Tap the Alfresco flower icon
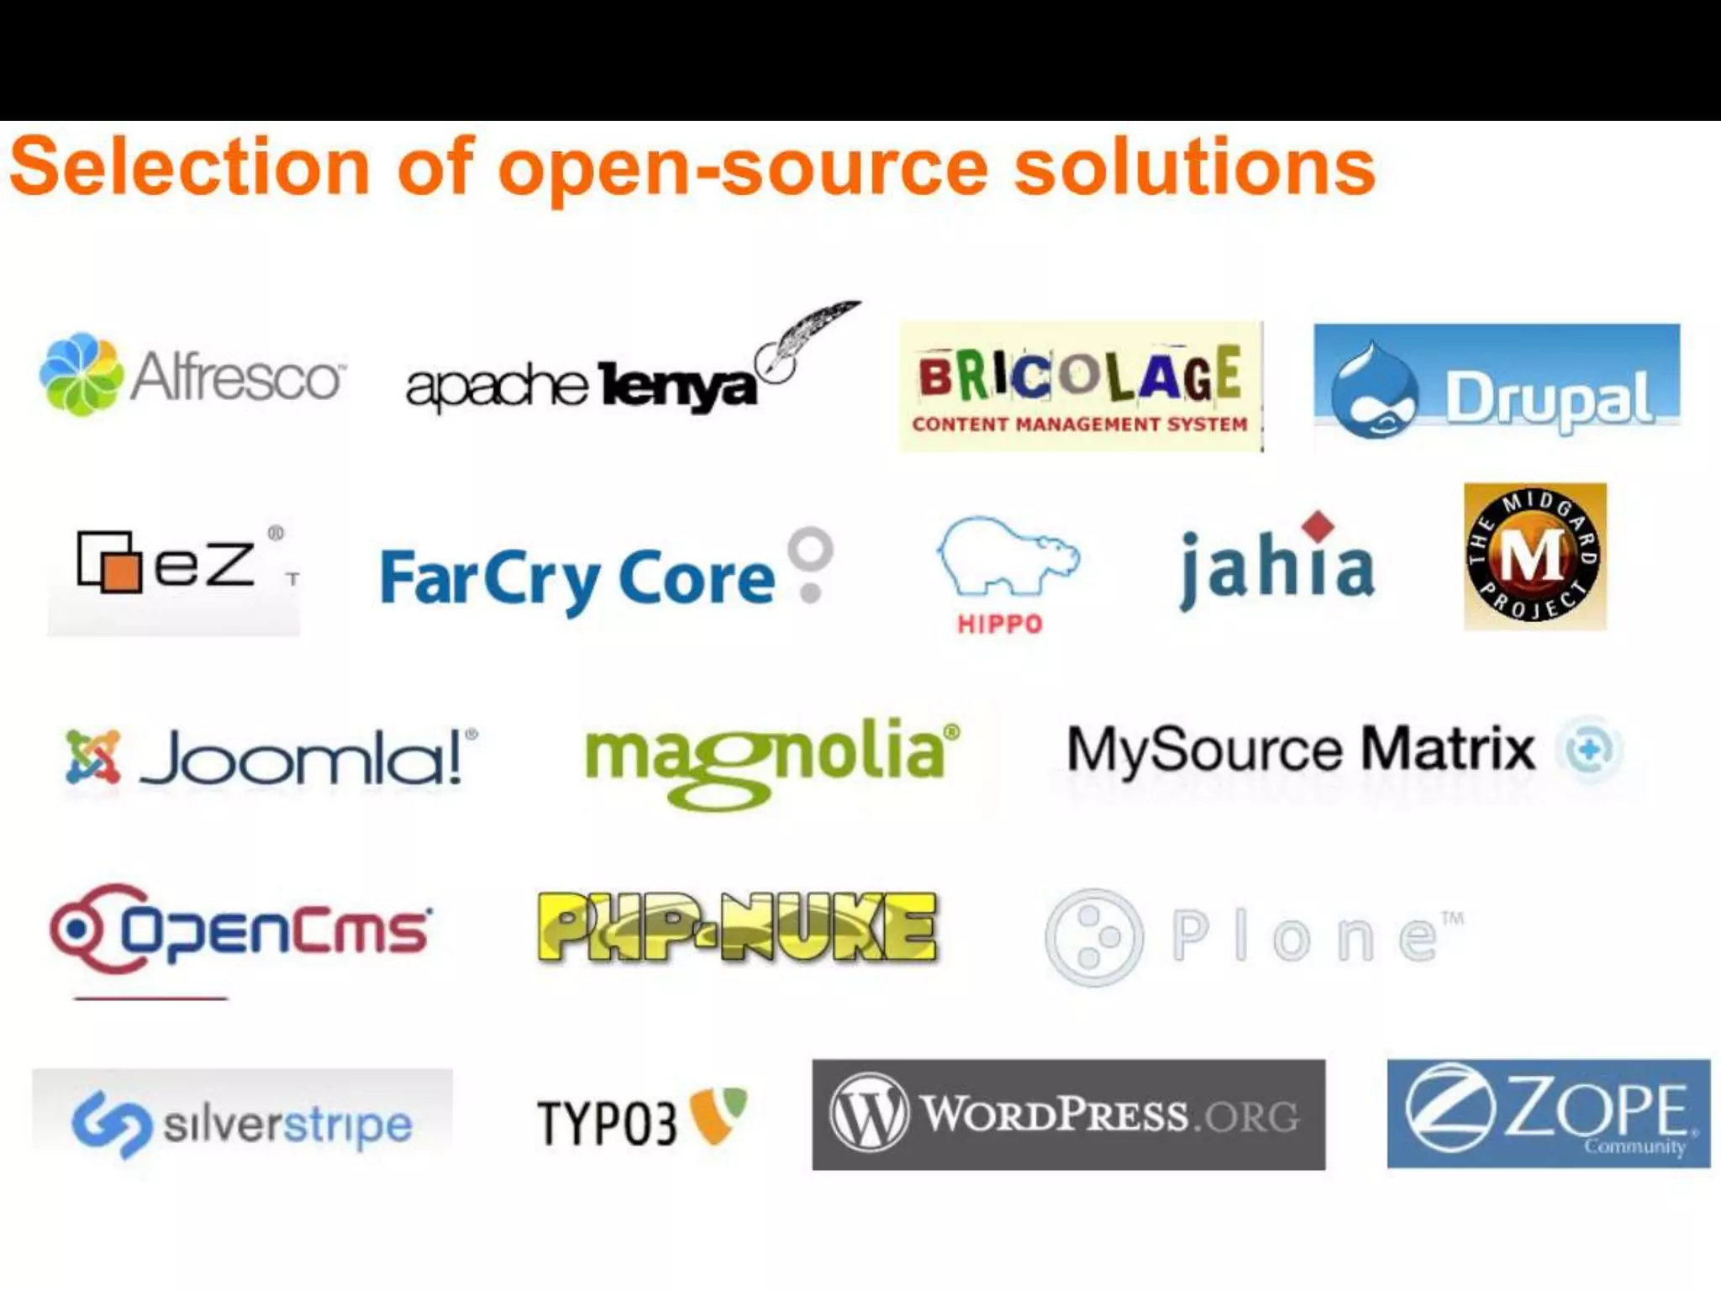pos(82,374)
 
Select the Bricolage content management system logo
pos(1081,387)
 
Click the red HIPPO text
pos(1000,624)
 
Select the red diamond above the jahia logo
pos(1318,526)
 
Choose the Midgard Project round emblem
pos(1534,556)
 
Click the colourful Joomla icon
pos(92,756)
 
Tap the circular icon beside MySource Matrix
pos(1589,749)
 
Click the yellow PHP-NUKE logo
pos(737,926)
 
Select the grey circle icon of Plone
pos(1093,937)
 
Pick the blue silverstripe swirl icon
pos(112,1124)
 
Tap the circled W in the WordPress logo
pos(869,1113)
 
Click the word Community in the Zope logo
pos(1634,1146)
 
